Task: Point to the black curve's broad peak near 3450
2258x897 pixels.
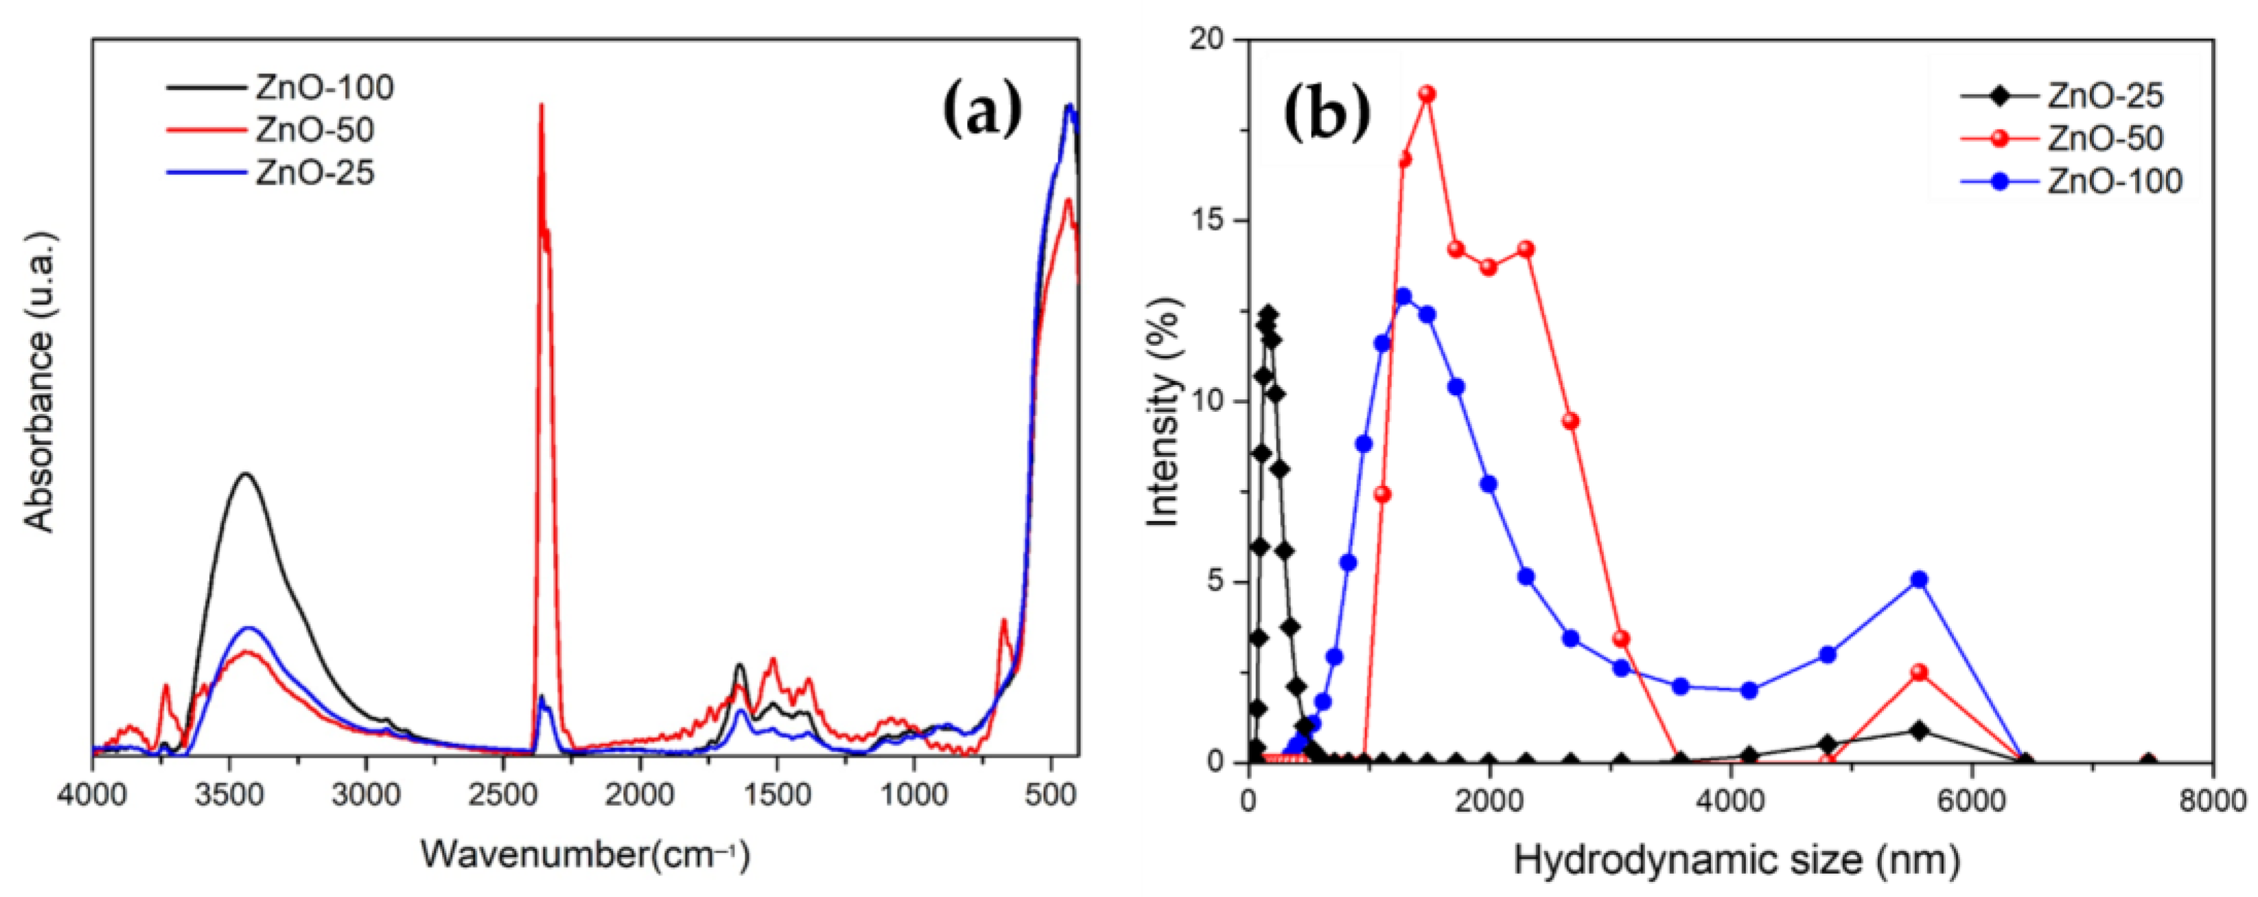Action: click(x=246, y=474)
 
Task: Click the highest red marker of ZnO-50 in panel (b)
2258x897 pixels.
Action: click(x=1427, y=94)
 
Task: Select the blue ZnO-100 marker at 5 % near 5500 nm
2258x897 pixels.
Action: click(x=1919, y=580)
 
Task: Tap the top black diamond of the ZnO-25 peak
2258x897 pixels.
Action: click(x=1268, y=313)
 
